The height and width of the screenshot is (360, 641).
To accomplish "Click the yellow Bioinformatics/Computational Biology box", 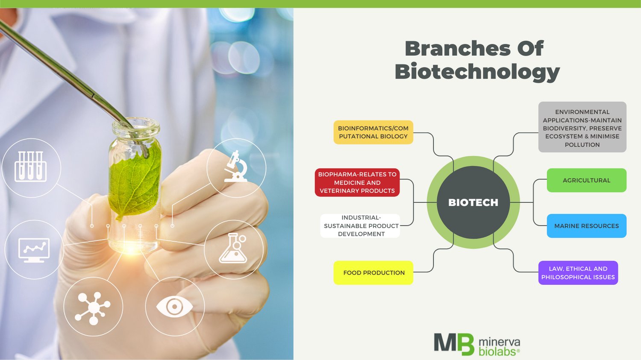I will point(373,132).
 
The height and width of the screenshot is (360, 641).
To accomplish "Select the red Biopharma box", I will point(357,182).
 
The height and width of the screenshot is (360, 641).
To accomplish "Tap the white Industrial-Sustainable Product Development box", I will point(361,226).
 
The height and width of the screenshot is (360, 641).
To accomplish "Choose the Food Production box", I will point(373,272).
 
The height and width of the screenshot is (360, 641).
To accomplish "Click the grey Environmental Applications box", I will point(582,127).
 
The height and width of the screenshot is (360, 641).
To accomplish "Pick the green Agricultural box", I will point(586,180).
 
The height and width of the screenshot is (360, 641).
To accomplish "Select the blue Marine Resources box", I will point(586,226).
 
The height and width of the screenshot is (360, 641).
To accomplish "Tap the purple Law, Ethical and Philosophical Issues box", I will point(578,273).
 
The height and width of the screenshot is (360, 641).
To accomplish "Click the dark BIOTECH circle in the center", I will point(473,202).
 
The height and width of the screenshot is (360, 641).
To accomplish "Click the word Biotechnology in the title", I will point(477,72).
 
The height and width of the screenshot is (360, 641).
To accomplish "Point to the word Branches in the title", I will point(457,48).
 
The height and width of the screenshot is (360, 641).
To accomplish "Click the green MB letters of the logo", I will point(454,344).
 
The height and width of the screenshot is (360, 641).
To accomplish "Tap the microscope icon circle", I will point(236,167).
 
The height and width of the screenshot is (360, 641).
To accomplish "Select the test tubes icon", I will point(31,167).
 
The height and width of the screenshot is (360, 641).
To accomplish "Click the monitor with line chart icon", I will point(34,250).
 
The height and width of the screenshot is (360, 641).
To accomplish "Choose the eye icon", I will point(174,307).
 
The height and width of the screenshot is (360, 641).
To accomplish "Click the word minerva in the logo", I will point(499,342).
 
